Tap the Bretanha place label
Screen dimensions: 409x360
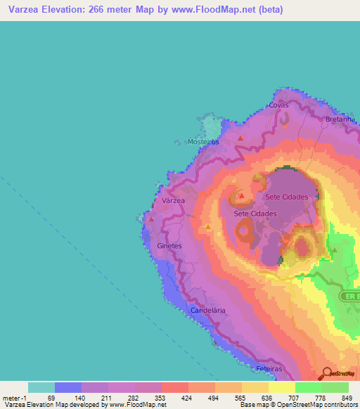click(340, 119)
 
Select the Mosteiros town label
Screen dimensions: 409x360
click(204, 141)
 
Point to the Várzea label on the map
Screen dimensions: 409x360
click(173, 200)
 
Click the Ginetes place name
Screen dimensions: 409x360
click(169, 246)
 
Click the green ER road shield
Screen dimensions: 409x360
click(350, 296)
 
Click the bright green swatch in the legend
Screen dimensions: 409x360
click(308, 387)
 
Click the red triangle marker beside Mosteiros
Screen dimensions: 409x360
click(240, 138)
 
